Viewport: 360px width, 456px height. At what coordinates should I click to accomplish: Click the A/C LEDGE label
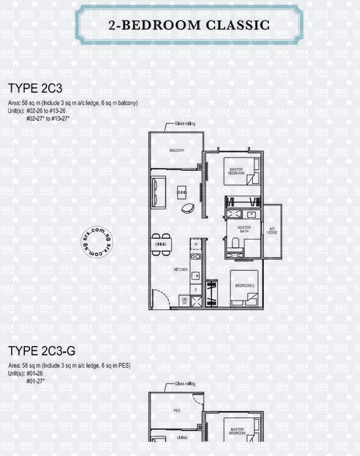[272, 230]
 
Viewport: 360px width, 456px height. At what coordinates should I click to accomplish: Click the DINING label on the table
[161, 244]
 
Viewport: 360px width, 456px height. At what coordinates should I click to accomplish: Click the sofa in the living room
[158, 190]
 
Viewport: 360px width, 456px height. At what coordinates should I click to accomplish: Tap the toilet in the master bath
[234, 243]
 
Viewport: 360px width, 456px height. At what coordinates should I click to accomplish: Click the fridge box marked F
[195, 288]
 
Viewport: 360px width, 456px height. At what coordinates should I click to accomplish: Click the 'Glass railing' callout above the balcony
[184, 124]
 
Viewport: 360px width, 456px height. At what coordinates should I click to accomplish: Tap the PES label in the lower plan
[177, 411]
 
